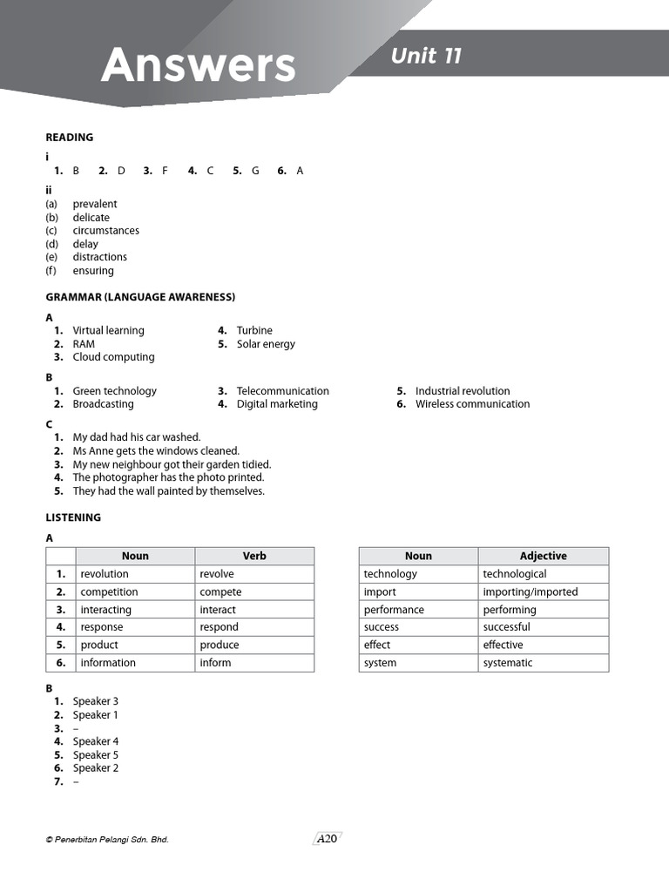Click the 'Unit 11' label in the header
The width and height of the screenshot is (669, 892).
(x=426, y=56)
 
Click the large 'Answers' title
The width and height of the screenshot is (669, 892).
(x=198, y=65)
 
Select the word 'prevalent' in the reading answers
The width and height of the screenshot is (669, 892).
(x=95, y=204)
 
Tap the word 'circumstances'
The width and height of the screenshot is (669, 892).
(x=105, y=231)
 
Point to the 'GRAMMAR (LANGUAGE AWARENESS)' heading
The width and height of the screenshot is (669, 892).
(x=140, y=297)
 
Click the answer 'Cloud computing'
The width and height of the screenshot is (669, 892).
(x=113, y=357)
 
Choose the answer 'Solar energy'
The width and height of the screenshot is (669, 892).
(x=266, y=344)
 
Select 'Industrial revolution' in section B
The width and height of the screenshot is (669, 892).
(x=463, y=391)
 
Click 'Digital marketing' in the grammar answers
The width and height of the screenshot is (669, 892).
(x=277, y=404)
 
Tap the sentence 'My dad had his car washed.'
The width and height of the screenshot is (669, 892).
(x=137, y=437)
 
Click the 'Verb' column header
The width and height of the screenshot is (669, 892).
(x=254, y=556)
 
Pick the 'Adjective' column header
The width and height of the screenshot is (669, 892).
(x=543, y=556)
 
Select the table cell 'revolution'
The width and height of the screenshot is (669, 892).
(x=105, y=574)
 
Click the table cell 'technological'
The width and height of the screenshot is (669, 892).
(x=515, y=574)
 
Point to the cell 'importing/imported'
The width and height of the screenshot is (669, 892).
(x=530, y=592)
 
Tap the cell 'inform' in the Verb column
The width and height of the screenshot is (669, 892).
(x=215, y=663)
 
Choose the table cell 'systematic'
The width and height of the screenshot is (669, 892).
(x=508, y=663)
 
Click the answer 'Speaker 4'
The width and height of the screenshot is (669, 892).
(x=96, y=742)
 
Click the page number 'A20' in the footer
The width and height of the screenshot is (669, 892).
(x=327, y=839)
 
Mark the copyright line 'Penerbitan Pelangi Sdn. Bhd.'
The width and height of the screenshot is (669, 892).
(x=107, y=840)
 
